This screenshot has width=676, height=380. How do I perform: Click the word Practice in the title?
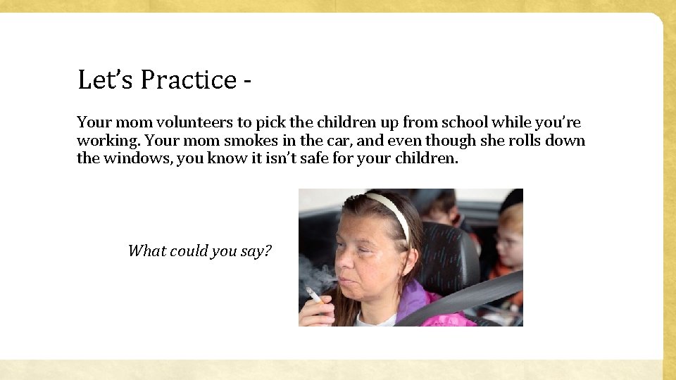pyautogui.click(x=188, y=80)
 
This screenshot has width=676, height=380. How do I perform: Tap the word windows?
pyautogui.click(x=137, y=158)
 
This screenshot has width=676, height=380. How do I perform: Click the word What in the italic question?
pyautogui.click(x=144, y=251)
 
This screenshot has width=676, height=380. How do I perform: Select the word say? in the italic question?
pyautogui.click(x=256, y=251)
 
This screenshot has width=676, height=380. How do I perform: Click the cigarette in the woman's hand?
pyautogui.click(x=313, y=294)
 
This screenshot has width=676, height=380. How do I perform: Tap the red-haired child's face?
pyautogui.click(x=509, y=243)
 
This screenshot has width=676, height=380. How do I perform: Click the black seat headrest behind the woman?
pyautogui.click(x=451, y=253)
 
